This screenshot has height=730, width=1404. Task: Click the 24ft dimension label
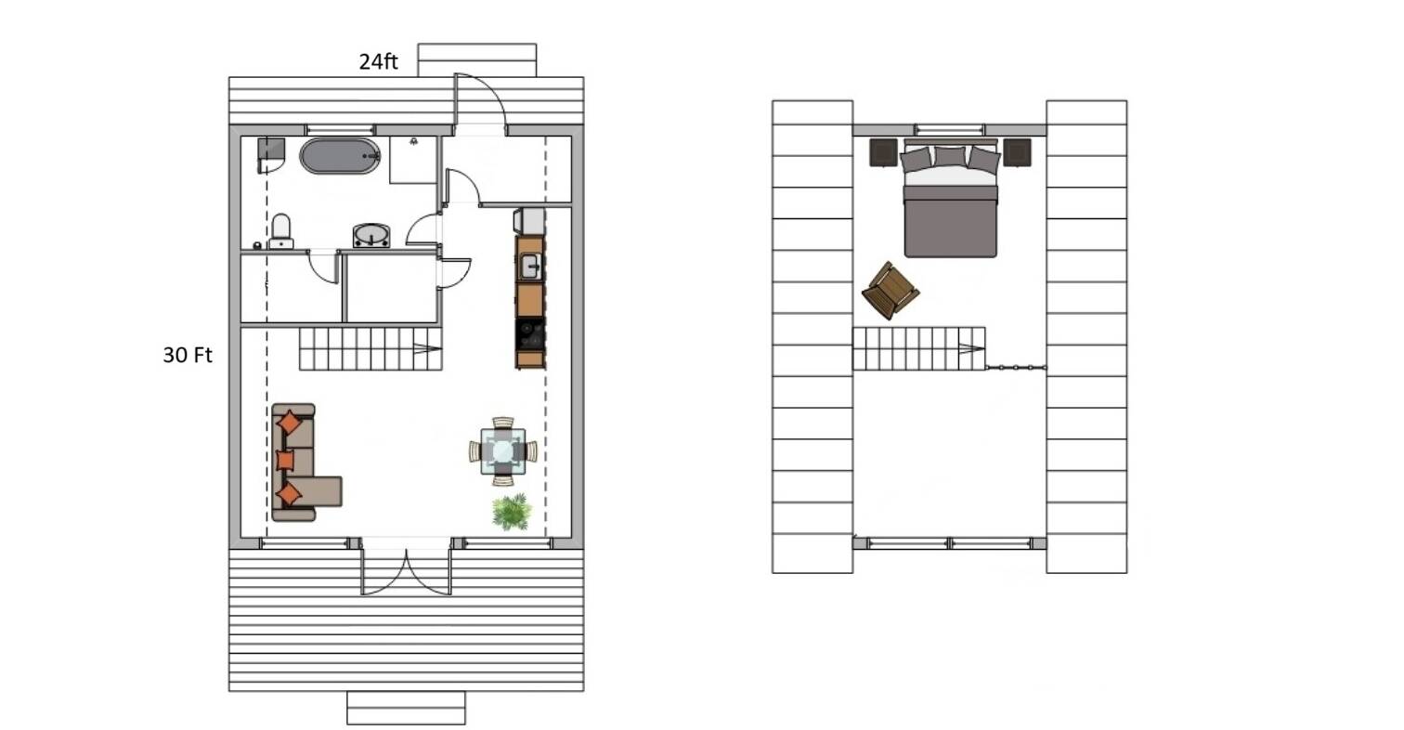pyautogui.click(x=378, y=61)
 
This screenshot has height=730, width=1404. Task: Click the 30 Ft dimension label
pyautogui.click(x=188, y=355)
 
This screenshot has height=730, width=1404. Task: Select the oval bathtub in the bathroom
pyautogui.click(x=340, y=156)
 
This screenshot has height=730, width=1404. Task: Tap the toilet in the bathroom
pyautogui.click(x=280, y=230)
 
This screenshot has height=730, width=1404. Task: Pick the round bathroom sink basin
pyautogui.click(x=371, y=235)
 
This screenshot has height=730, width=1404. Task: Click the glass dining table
pyautogui.click(x=502, y=451)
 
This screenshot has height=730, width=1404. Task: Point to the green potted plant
pyautogui.click(x=512, y=512)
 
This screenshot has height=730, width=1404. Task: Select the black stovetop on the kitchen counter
pyautogui.click(x=530, y=334)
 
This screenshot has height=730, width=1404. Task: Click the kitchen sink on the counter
pyautogui.click(x=530, y=266)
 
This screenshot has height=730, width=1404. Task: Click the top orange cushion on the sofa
pyautogui.click(x=290, y=423)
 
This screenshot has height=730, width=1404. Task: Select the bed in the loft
pyautogui.click(x=950, y=200)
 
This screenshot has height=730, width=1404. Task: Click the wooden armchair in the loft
pyautogui.click(x=890, y=291)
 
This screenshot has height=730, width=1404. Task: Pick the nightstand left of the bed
pyautogui.click(x=883, y=153)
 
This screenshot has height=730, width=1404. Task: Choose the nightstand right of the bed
pyautogui.click(x=1018, y=153)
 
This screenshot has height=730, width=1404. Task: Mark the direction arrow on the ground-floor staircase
pyautogui.click(x=427, y=348)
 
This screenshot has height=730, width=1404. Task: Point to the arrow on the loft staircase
pyautogui.click(x=970, y=348)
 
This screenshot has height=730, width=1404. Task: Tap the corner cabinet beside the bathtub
pyautogui.click(x=271, y=155)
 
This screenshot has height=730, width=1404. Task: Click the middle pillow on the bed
pyautogui.click(x=950, y=157)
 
